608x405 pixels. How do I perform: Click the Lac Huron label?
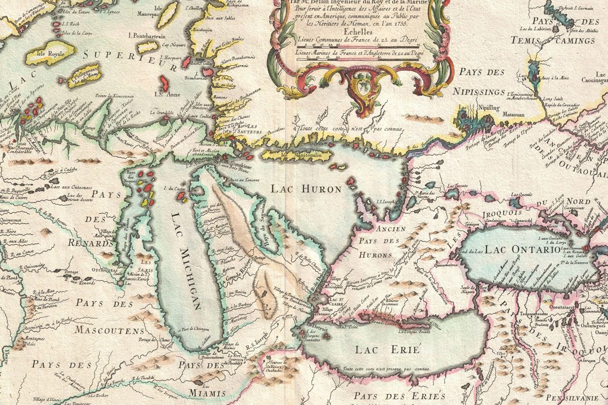(x=306, y=190)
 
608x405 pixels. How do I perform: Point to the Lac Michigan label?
(x=186, y=262)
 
